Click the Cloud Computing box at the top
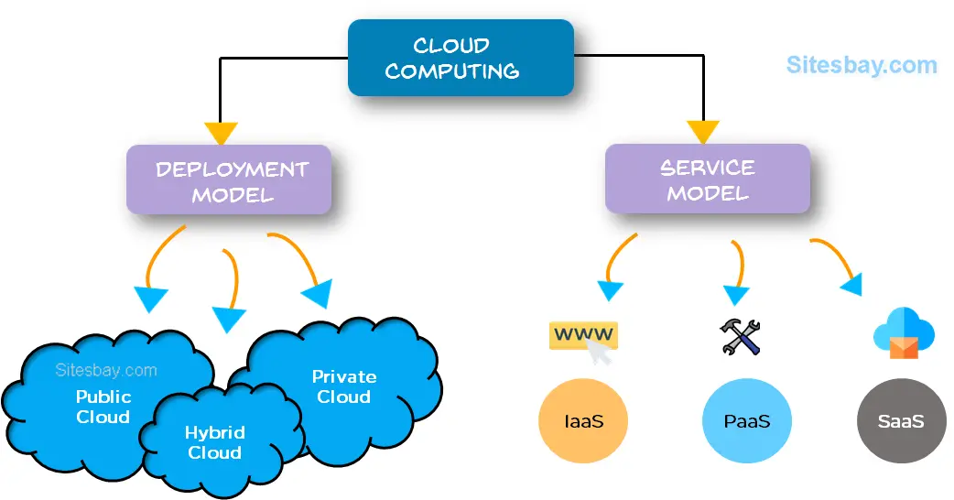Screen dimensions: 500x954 [461, 58]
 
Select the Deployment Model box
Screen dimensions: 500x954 [228, 181]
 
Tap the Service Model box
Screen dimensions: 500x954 [708, 179]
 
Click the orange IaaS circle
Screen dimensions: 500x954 [583, 422]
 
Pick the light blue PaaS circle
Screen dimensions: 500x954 [746, 422]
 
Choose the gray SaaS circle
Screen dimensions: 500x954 [900, 422]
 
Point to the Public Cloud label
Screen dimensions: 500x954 [103, 407]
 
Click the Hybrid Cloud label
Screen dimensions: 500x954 [214, 442]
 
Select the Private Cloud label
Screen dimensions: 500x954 [343, 386]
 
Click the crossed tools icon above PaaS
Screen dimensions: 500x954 [741, 337]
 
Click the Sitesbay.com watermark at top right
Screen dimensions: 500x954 [862, 65]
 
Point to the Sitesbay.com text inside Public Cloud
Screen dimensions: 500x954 [105, 371]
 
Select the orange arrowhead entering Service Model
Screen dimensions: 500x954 [704, 132]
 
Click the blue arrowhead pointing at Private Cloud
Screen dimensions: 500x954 [317, 293]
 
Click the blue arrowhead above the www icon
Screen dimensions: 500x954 [609, 290]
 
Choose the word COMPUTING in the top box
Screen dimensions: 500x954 [451, 71]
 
